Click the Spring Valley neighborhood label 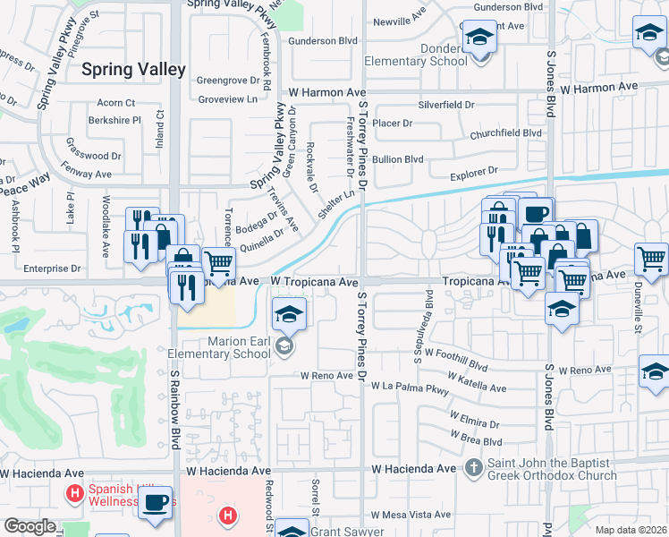pyautogui.click(x=133, y=69)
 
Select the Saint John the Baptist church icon pyautogui.click(x=475, y=467)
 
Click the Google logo pyautogui.click(x=30, y=526)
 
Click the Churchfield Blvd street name pyautogui.click(x=506, y=133)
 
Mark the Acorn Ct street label pyautogui.click(x=116, y=103)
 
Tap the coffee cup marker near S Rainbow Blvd pyautogui.click(x=156, y=503)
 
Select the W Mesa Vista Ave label pyautogui.click(x=411, y=515)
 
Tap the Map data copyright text pyautogui.click(x=631, y=529)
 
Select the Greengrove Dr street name pyautogui.click(x=226, y=79)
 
